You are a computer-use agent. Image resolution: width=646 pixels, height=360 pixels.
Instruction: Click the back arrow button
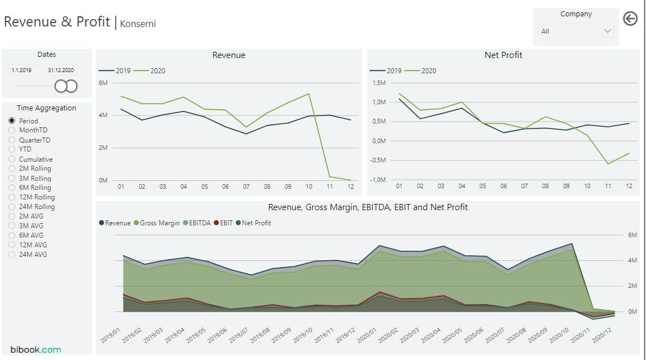pos(630,19)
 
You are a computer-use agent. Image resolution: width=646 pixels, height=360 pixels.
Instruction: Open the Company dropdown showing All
pos(576,32)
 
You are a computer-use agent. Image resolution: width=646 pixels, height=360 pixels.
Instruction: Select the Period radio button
pos(12,121)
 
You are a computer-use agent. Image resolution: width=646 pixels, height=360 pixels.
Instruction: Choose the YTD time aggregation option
pos(12,149)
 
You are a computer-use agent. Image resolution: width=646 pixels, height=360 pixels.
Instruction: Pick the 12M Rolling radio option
pos(12,197)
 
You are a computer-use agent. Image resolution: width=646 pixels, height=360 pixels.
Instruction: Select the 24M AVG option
pos(12,255)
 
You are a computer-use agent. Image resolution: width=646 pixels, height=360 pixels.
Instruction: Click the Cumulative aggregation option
pos(12,159)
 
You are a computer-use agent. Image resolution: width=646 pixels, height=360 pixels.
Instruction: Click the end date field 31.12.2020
pos(61,70)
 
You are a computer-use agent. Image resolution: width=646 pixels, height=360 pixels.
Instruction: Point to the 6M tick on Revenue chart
pos(103,83)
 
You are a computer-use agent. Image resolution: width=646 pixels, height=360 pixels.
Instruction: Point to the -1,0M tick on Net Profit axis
pos(378,180)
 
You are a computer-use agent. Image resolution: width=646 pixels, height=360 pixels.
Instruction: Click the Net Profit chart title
pos(503,55)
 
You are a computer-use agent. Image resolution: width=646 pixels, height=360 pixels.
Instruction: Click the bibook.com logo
pos(35,350)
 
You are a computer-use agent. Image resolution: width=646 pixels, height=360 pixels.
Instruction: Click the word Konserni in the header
pos(138,24)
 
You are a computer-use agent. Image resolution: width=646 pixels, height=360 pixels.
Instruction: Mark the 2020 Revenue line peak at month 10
pos(309,94)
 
